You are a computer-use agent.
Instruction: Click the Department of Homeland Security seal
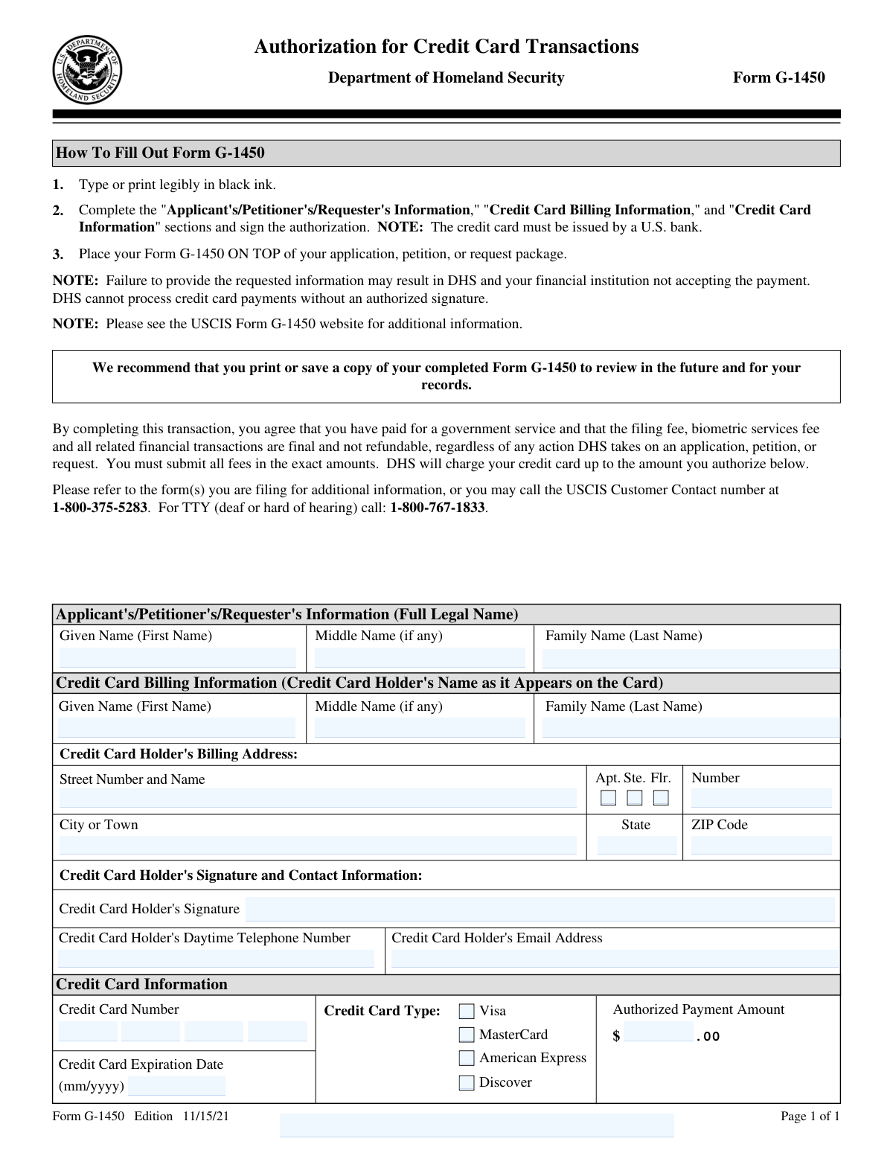[87, 70]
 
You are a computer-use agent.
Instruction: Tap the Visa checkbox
[467, 1011]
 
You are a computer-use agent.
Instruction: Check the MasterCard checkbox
[467, 1035]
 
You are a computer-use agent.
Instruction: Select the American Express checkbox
[467, 1058]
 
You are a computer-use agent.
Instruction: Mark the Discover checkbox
[467, 1082]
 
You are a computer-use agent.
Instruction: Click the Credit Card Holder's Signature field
[540, 909]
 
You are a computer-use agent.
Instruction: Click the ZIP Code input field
[761, 845]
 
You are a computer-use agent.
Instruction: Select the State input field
[637, 845]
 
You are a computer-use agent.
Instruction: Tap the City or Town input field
[318, 845]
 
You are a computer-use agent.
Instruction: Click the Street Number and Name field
[318, 798]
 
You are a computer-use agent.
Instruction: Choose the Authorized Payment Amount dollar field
[659, 1033]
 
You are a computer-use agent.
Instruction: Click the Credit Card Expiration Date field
[176, 1086]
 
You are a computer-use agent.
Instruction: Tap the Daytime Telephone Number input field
[216, 958]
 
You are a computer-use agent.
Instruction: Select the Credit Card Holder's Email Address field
[615, 958]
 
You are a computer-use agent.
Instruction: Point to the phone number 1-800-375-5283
[100, 508]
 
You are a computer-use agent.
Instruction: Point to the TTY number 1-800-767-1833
[437, 508]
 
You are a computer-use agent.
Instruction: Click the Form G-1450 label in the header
[778, 77]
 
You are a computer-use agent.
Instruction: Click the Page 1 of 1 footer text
[810, 1116]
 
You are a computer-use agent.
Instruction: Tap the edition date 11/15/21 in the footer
[205, 1116]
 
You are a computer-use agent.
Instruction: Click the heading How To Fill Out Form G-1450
[160, 153]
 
